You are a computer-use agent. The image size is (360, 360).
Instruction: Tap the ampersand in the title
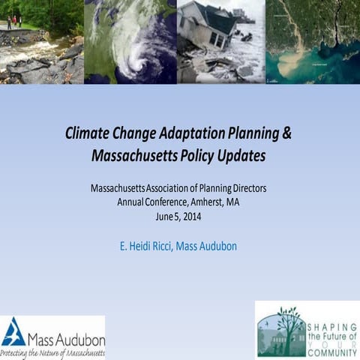286,135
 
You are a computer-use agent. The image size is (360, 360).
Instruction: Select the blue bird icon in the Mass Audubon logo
13,331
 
